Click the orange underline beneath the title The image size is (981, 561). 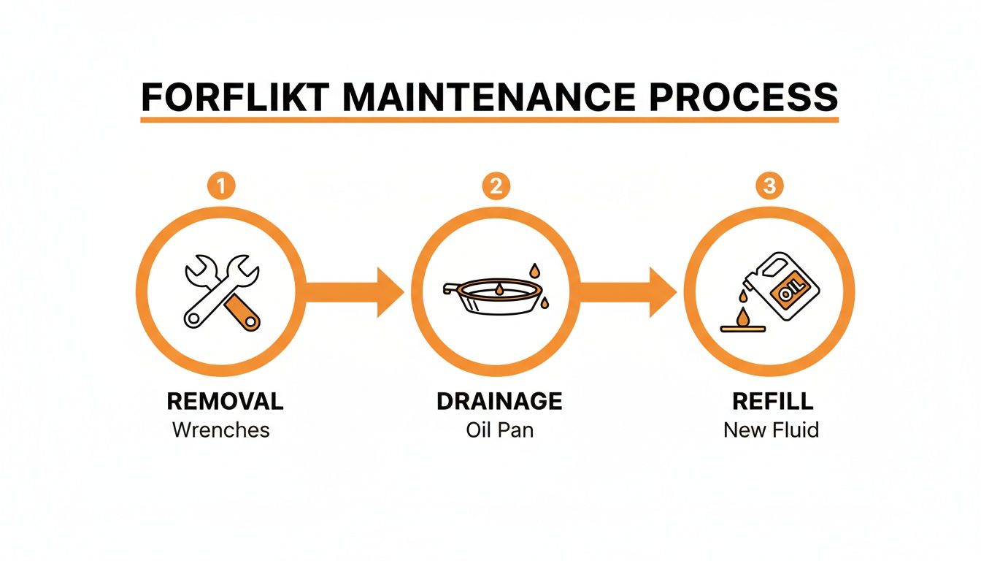coord(490,118)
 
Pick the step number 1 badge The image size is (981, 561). coord(222,186)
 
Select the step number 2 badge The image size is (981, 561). coord(496,186)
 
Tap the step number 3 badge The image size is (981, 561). coord(769,186)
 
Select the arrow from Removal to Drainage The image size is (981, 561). coord(355,292)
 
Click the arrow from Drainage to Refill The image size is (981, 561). coord(628,292)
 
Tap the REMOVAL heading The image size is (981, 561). coord(225,401)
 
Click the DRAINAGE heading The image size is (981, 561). coord(499,401)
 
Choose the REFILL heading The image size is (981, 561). coord(771,401)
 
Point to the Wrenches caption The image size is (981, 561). coord(221,430)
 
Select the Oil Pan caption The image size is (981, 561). coord(499,430)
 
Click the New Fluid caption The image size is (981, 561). coord(771,430)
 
